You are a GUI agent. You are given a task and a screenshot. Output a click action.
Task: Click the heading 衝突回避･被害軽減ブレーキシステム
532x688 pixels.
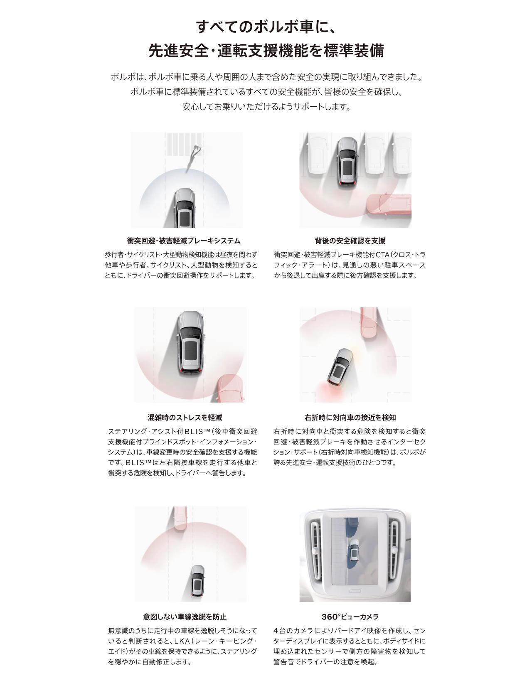pos(184,241)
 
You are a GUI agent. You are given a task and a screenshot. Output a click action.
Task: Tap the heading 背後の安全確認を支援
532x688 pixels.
pos(350,241)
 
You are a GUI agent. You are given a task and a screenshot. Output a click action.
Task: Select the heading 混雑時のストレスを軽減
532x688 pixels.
pos(185,418)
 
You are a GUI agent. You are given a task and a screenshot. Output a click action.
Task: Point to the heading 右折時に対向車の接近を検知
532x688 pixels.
pos(350,418)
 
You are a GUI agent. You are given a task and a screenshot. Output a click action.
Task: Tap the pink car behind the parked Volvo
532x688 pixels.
pos(389,205)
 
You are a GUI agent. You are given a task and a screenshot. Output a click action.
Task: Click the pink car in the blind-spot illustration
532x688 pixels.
pos(230,388)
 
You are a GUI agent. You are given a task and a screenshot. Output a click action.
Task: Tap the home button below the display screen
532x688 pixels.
pos(355,591)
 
